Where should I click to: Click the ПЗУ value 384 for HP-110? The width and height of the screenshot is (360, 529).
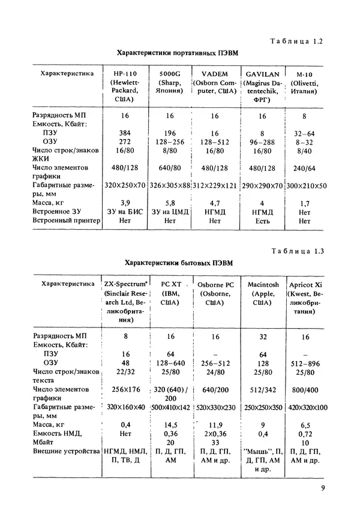coord(125,131)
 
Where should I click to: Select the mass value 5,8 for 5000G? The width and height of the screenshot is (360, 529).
coord(170,203)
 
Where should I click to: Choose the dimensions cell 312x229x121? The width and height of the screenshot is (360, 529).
coord(215,186)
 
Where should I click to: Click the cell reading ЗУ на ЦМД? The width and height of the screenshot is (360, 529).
coord(170,212)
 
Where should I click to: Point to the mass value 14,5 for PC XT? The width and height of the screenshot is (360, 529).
coord(171,425)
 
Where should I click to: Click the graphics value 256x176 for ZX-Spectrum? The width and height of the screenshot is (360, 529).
coord(125,389)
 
